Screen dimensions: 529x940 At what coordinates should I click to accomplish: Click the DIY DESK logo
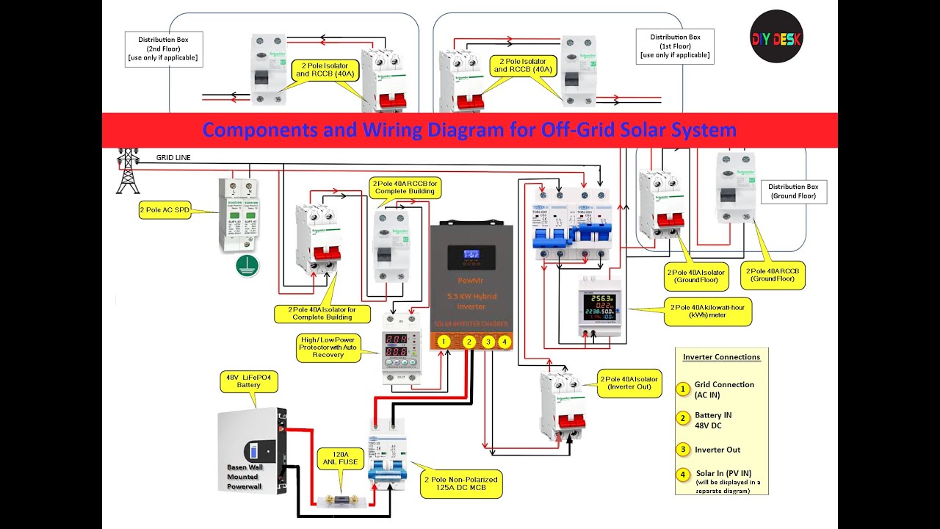[x=776, y=37]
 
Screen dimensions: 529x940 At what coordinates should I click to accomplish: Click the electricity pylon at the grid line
[x=128, y=170]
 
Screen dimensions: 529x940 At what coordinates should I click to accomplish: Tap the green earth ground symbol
[x=247, y=267]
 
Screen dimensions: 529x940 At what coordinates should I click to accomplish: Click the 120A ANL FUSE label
[x=340, y=458]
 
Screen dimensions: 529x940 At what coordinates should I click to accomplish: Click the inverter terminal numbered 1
[x=444, y=341]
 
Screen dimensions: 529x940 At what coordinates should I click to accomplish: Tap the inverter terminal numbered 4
[x=504, y=341]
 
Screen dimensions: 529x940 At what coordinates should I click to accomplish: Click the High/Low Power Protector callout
[x=328, y=347]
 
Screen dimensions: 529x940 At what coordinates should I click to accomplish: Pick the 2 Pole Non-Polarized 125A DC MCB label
[x=460, y=484]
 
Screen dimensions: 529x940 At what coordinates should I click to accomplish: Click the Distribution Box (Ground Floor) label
[x=793, y=192]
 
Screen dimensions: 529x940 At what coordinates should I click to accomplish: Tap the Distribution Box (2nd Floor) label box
[x=163, y=47]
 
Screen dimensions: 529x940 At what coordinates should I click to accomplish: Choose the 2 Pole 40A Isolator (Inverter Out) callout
[x=629, y=383]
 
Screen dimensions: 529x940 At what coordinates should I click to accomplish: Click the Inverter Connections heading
[x=721, y=357]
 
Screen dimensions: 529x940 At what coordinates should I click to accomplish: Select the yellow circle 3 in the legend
[x=683, y=449]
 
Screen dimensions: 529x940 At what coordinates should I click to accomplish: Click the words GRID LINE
[x=173, y=157]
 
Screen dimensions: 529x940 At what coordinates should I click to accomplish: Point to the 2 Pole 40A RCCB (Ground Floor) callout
[x=772, y=276]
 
